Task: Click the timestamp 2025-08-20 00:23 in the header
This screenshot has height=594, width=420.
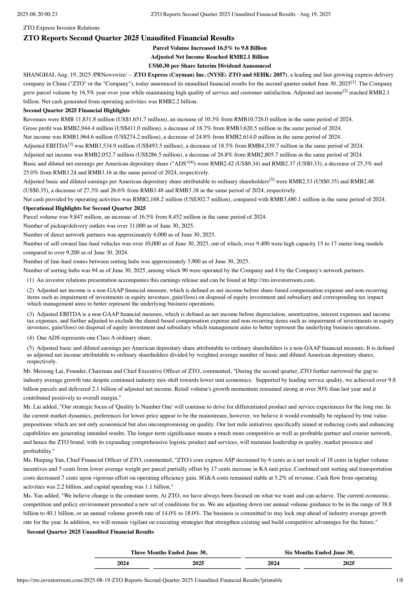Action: pyautogui.click(x=37, y=14)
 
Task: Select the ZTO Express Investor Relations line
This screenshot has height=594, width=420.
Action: pyautogui.click(x=61, y=28)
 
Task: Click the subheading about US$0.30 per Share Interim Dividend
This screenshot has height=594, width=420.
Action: pyautogui.click(x=209, y=66)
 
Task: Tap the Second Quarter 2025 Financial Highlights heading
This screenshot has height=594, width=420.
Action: pyautogui.click(x=76, y=110)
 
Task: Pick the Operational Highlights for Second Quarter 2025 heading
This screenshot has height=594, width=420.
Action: pyautogui.click(x=84, y=208)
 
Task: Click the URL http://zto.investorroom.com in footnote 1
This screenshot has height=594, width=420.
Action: pyautogui.click(x=281, y=280)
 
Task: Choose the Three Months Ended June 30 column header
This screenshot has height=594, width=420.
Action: pyautogui.click(x=169, y=553)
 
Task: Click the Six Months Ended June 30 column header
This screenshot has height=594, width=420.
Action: pyautogui.click(x=319, y=553)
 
